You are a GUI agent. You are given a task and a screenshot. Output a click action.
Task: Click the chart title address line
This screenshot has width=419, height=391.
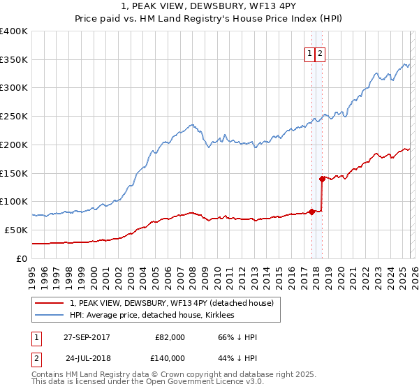[209, 7]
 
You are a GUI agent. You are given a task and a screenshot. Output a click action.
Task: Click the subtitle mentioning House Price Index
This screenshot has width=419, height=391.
[209, 19]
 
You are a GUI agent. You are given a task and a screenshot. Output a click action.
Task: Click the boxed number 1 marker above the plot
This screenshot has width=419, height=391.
[309, 52]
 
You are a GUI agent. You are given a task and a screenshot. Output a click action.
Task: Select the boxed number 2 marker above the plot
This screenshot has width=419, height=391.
[320, 52]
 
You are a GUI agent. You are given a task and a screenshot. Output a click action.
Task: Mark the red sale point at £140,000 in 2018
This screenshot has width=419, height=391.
[322, 179]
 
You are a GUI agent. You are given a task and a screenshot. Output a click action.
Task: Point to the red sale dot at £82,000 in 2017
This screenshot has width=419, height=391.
[311, 212]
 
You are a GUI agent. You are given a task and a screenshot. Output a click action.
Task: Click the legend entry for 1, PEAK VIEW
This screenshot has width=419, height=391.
[175, 302]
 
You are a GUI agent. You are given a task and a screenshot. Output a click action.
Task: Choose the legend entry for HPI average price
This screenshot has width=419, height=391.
[152, 315]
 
